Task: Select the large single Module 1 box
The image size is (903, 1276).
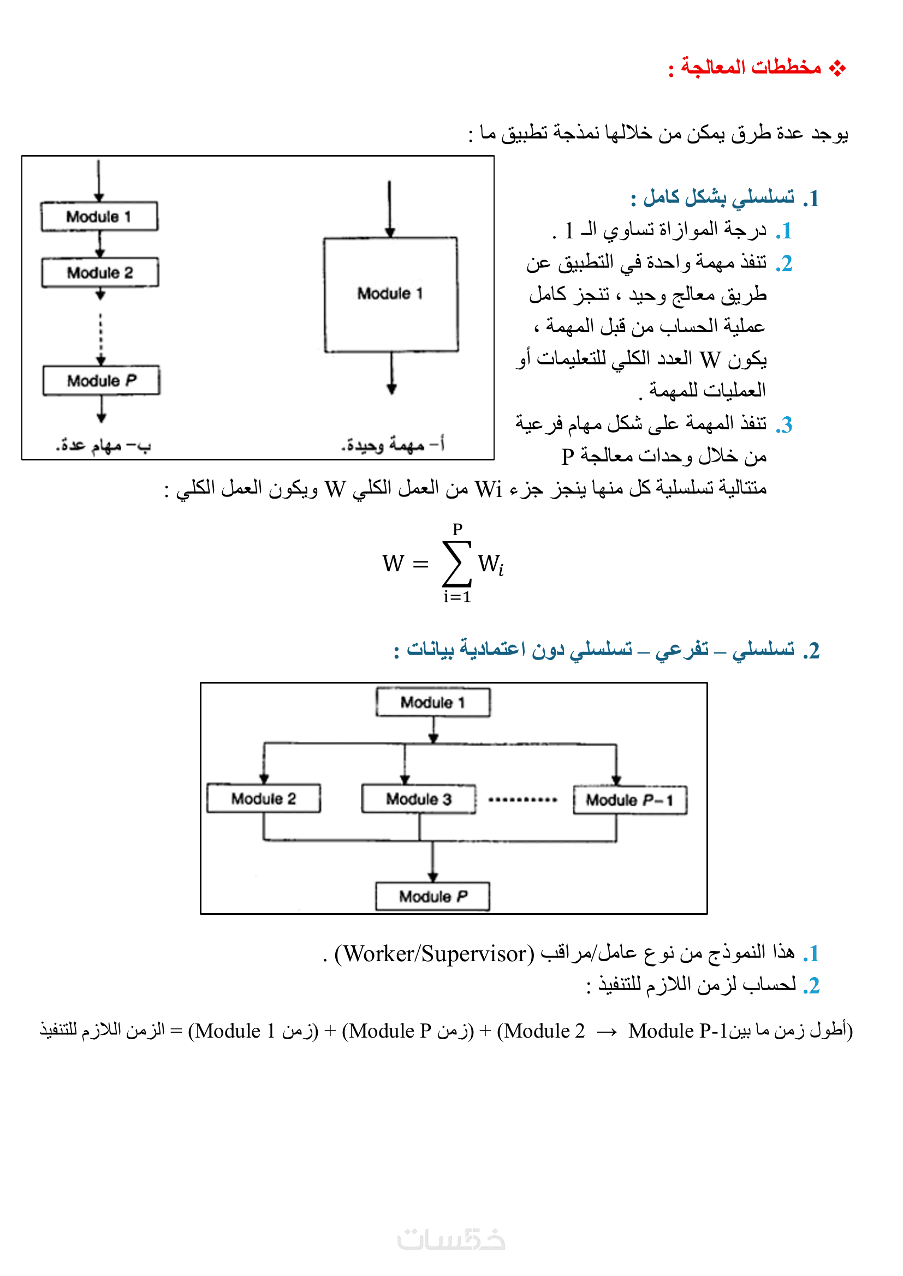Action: (x=391, y=295)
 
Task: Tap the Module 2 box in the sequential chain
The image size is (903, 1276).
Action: (x=100, y=272)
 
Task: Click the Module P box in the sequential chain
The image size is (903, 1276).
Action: (x=101, y=381)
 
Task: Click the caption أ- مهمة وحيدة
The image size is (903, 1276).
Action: (x=393, y=445)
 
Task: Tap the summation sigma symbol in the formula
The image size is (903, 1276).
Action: (x=456, y=564)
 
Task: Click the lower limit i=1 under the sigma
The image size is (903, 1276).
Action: (x=457, y=597)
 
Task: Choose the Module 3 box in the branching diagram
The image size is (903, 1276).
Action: (x=419, y=799)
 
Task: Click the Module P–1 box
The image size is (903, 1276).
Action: (x=630, y=800)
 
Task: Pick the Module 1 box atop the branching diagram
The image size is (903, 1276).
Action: (x=433, y=703)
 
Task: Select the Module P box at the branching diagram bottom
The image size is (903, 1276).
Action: (x=432, y=896)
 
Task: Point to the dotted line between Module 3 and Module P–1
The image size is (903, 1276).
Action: (x=522, y=800)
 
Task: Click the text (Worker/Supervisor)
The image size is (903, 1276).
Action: (x=434, y=954)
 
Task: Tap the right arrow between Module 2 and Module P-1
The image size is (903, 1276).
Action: (x=607, y=1032)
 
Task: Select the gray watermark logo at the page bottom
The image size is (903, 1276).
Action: (x=451, y=1240)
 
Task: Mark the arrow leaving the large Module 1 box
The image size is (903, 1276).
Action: (x=391, y=374)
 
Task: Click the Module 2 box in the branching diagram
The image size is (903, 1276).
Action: (x=264, y=799)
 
